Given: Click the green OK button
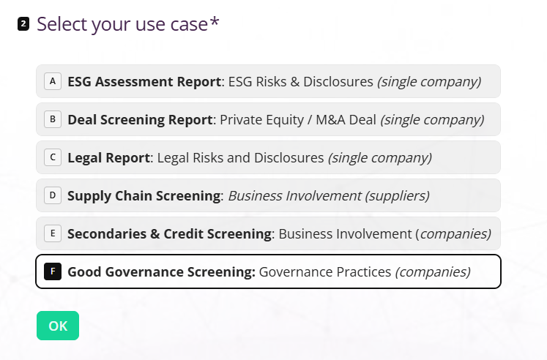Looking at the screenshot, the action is coord(58,326).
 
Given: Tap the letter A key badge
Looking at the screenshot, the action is coord(53,81).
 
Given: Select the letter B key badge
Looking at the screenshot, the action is coord(53,119).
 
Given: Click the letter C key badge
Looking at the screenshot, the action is coord(53,157).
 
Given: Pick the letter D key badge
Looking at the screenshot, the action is coord(53,195).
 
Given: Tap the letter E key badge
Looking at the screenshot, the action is coord(53,233).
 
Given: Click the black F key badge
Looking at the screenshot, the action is coord(53,271).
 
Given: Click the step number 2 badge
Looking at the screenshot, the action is coord(23,24).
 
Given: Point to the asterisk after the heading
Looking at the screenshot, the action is coord(215,22).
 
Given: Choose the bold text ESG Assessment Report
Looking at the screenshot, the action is coord(144,81).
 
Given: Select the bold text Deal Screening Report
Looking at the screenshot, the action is coord(140,119).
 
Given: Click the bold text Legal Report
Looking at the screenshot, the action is coord(109,157).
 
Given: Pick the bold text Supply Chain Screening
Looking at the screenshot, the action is coord(144,195).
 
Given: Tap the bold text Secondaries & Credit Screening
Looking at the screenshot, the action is coord(170,233).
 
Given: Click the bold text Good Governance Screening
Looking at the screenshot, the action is coord(162,272).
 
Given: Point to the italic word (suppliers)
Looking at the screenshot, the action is coord(398,196).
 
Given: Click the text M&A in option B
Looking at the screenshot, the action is coord(331,119).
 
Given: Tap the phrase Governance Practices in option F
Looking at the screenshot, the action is coord(325,272).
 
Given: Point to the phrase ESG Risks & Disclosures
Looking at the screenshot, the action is coord(301,81).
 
